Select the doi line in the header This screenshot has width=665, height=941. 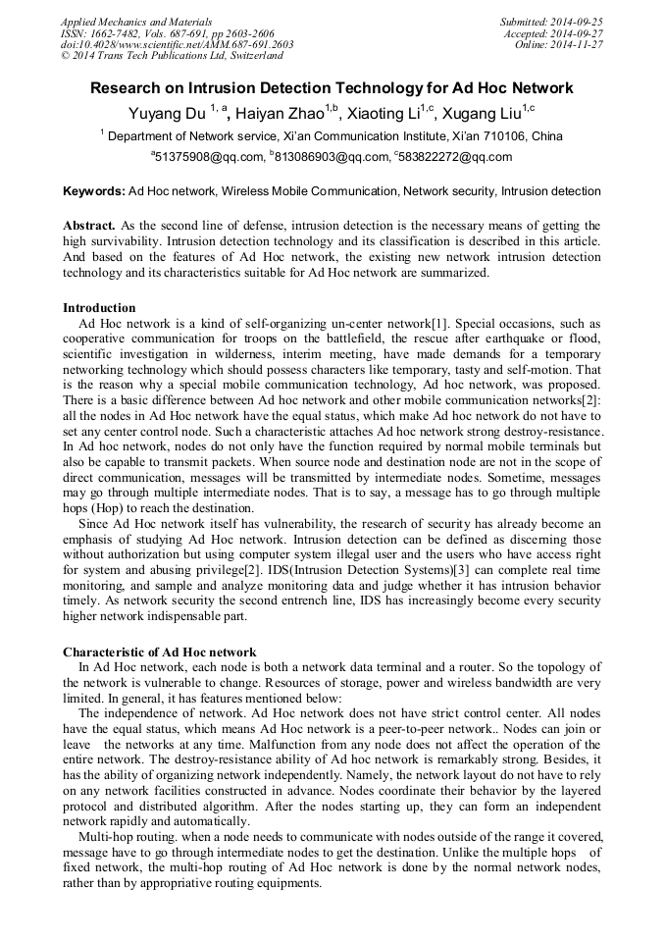177,44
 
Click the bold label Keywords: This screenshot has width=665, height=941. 94,191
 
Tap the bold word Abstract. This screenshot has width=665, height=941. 90,226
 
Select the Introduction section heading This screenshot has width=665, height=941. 99,308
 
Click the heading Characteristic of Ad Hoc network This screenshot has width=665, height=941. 159,652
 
